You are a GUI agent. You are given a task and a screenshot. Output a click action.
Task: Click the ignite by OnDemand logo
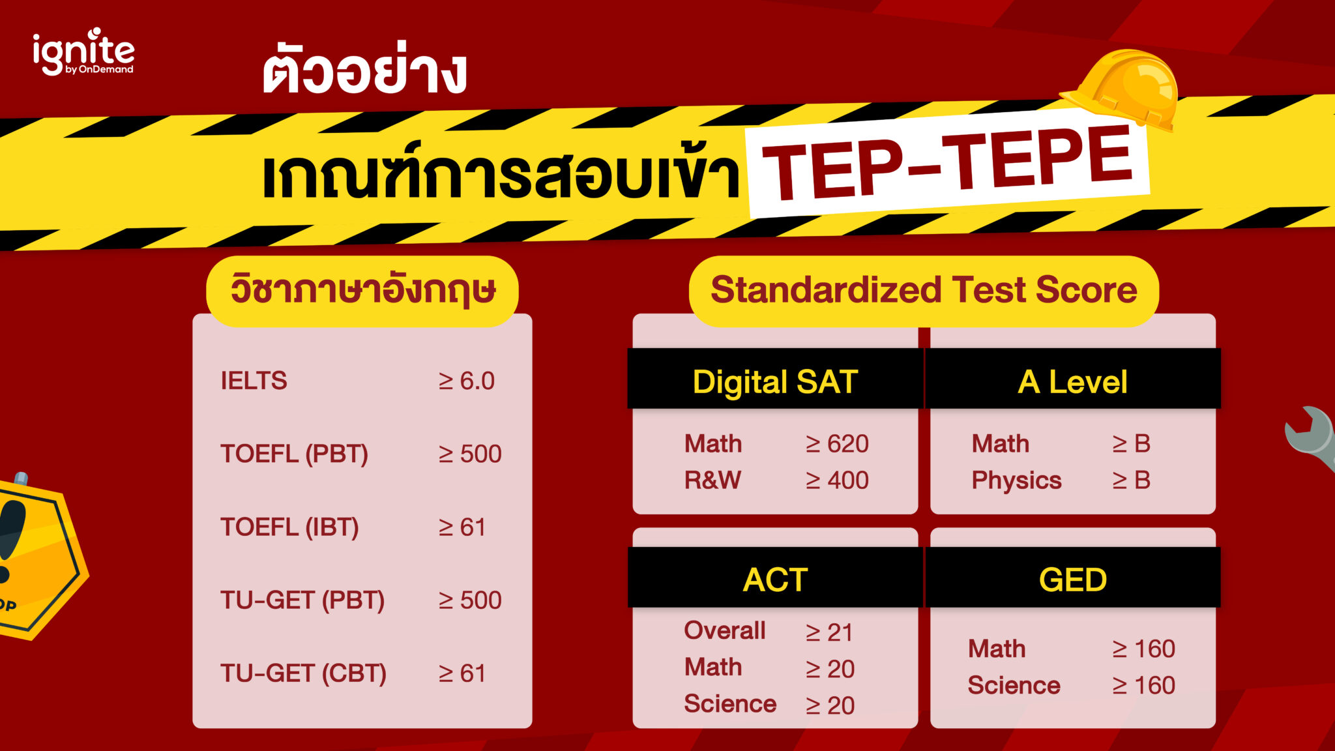point(83,52)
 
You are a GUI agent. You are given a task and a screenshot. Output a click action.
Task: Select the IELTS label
point(254,381)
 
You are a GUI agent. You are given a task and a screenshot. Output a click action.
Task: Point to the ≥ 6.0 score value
point(467,381)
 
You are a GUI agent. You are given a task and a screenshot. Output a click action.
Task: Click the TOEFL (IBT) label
point(289,527)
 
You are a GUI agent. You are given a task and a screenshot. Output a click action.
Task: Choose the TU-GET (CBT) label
point(303,673)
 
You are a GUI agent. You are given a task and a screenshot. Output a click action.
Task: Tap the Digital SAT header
point(774,381)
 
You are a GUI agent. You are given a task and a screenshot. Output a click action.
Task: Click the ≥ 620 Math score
point(837,444)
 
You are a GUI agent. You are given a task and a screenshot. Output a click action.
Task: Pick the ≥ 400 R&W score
point(837,480)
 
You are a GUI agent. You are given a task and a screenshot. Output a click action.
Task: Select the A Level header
point(1072,381)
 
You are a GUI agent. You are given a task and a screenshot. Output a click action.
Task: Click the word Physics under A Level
point(1016,480)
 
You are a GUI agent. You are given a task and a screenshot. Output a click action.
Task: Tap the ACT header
point(775,580)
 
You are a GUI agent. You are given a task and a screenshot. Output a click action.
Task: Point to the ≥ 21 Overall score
point(829,632)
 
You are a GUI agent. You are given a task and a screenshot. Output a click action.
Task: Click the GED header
point(1072,580)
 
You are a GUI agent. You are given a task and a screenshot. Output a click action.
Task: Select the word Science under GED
point(1014,685)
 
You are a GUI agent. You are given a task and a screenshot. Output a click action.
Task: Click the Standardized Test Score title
point(924,290)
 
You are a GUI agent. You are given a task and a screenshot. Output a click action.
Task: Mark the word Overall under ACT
point(725,630)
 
